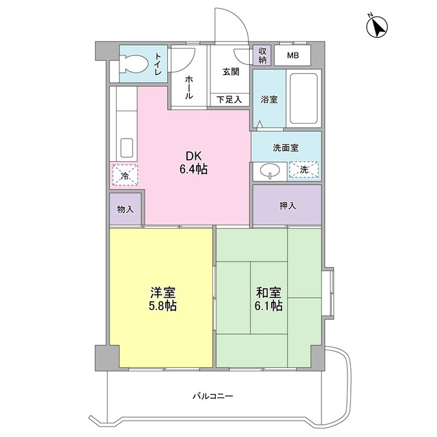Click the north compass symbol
(x=377, y=27)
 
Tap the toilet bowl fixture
(x=133, y=64)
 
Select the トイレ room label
(x=158, y=64)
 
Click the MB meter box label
(x=293, y=55)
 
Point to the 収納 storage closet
(x=262, y=55)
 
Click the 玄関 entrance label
(x=231, y=72)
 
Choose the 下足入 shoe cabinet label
(x=229, y=100)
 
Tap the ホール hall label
(x=189, y=87)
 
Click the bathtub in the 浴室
(x=303, y=98)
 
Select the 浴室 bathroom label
(x=269, y=99)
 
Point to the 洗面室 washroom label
(x=285, y=147)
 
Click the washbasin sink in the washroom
(x=270, y=170)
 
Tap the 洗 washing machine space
(x=304, y=169)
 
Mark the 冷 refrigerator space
(x=125, y=175)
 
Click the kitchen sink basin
(x=126, y=147)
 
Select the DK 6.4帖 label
(x=193, y=163)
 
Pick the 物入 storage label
(x=126, y=209)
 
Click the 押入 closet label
(x=287, y=206)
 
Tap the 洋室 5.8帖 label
(x=163, y=299)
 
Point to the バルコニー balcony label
(x=212, y=396)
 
